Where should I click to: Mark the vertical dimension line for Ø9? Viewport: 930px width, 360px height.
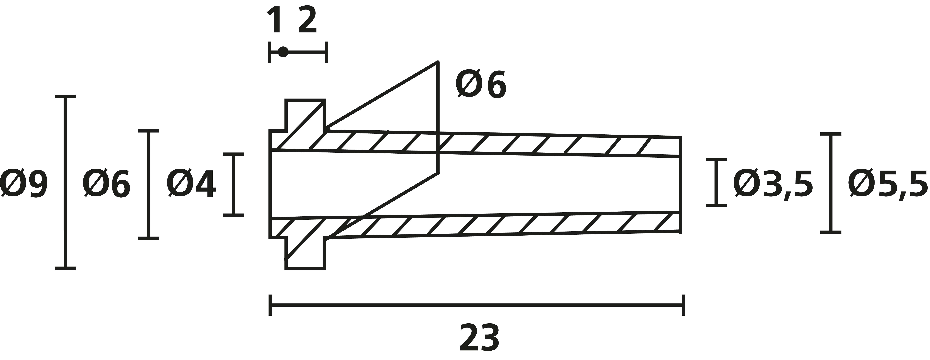point(65,182)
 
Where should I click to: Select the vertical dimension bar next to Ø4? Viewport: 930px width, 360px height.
point(233,184)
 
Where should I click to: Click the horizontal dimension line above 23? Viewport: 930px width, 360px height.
point(477,305)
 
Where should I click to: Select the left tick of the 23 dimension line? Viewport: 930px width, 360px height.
point(270,305)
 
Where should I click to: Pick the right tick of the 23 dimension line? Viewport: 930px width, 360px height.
point(683,305)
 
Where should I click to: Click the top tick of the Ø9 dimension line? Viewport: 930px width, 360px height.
point(65,97)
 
